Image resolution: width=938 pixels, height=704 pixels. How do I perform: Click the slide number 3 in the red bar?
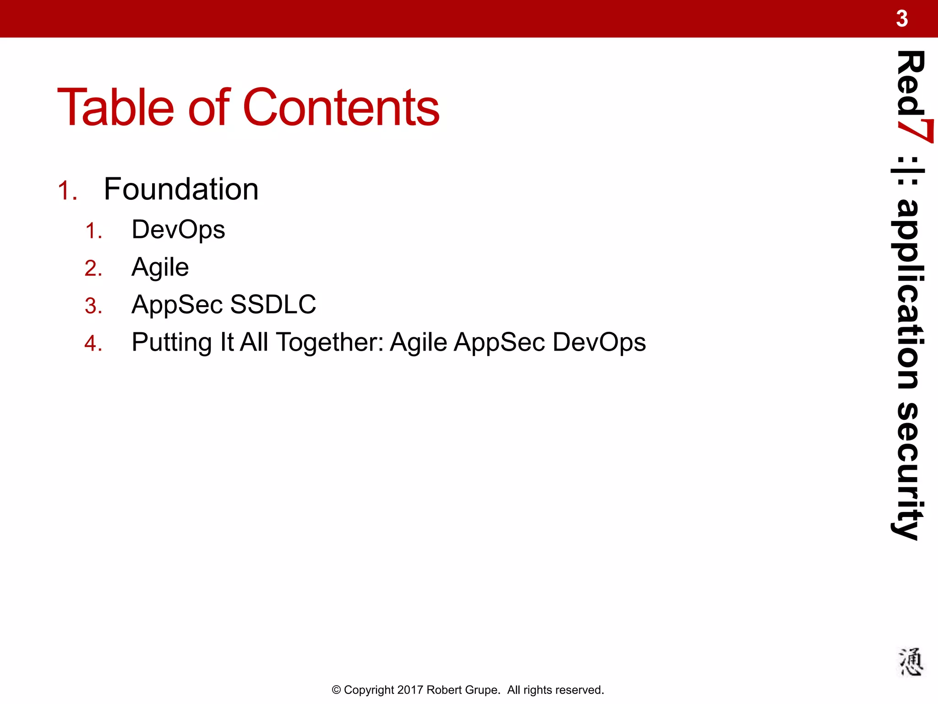902,19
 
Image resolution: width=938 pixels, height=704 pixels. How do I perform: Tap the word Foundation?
181,189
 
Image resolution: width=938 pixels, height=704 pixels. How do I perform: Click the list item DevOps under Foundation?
178,230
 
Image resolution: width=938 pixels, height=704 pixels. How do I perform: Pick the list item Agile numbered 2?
160,267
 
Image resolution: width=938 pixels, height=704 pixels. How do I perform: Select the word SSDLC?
273,304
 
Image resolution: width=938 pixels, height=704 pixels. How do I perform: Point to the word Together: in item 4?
330,342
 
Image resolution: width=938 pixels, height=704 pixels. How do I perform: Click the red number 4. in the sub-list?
93,343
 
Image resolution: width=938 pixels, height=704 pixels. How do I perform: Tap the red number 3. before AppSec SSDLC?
93,306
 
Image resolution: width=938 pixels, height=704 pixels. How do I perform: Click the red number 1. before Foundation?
67,191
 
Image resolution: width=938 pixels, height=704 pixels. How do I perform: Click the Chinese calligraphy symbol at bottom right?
910,662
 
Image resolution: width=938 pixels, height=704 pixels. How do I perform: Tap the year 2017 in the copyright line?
410,690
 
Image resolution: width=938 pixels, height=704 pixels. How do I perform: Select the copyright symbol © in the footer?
336,690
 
